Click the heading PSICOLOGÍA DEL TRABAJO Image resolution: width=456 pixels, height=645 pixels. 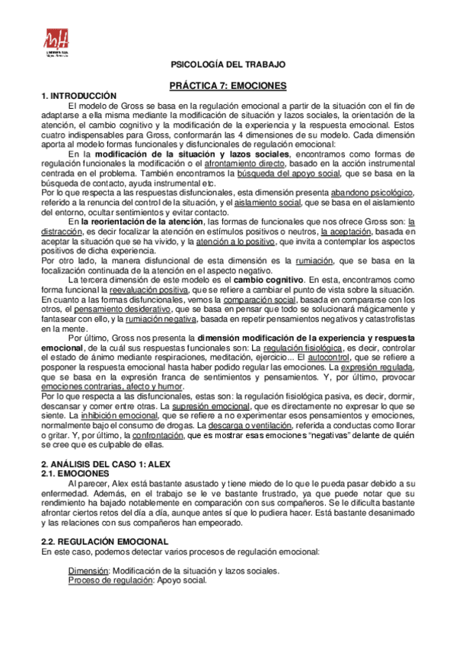(x=228, y=66)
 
